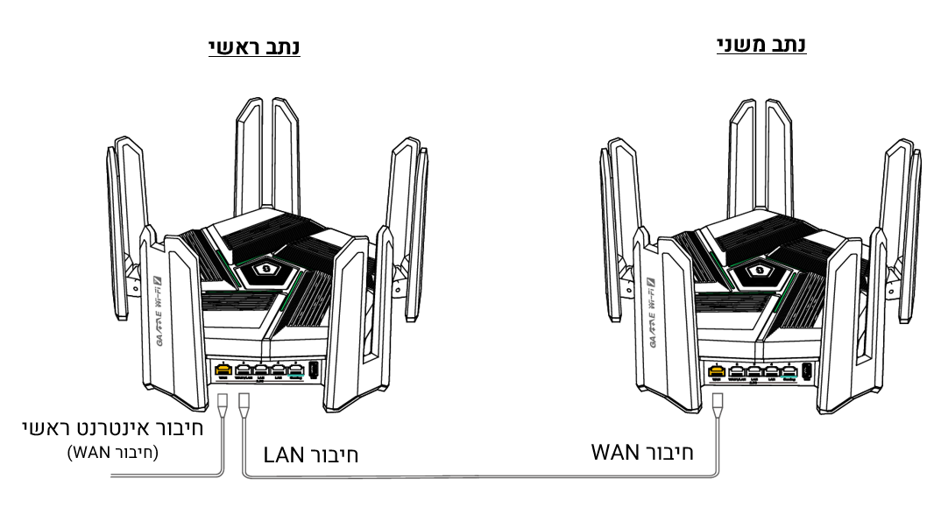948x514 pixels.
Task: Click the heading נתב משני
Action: [761, 45]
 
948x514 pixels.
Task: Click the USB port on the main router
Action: [312, 370]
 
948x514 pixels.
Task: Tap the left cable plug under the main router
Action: [222, 405]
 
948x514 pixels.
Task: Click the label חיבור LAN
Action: [311, 456]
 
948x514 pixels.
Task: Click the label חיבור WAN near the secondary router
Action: [641, 453]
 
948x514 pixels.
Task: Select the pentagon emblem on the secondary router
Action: [761, 266]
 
